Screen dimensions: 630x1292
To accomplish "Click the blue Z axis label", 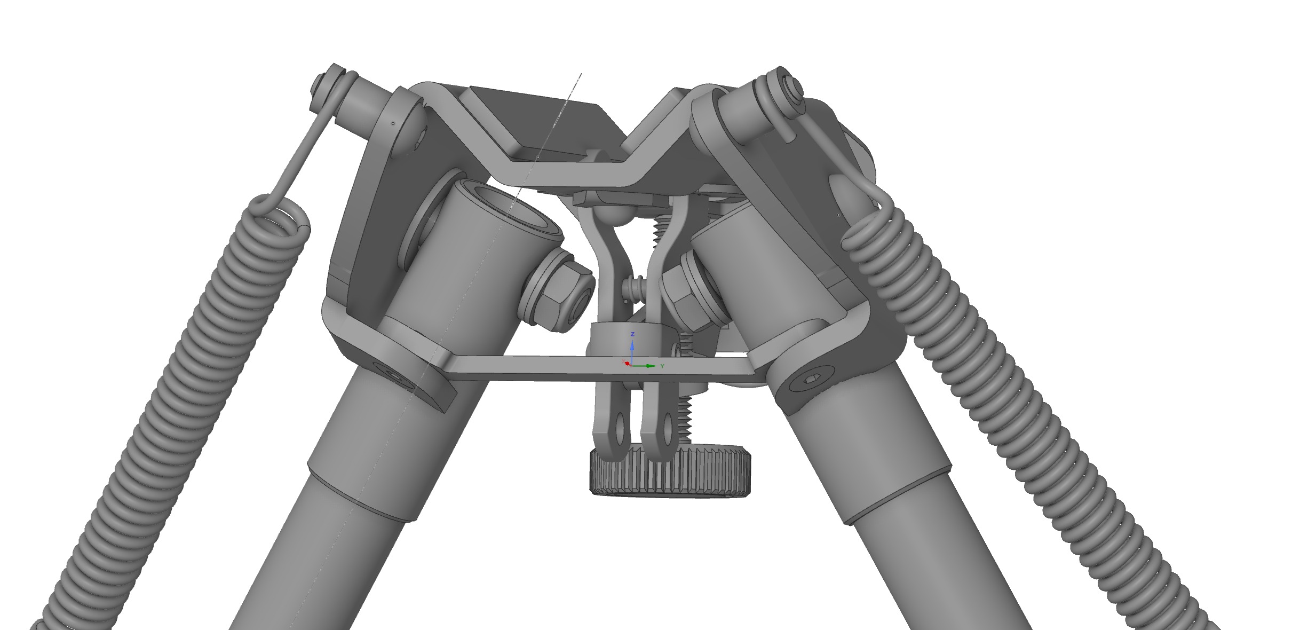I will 632,334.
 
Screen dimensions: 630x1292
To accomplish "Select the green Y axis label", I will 662,366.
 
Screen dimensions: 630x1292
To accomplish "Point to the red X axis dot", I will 627,363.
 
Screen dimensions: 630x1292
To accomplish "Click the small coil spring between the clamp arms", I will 635,289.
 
